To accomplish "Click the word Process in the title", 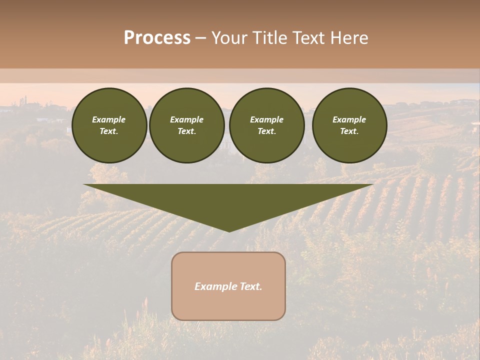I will click(157, 38).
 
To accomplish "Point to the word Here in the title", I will click(348, 38).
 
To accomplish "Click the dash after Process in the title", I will click(201, 39).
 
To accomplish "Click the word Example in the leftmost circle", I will click(109, 119).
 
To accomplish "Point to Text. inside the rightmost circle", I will click(349, 131).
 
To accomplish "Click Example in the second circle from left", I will click(186, 119).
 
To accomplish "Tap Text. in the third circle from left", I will click(266, 131).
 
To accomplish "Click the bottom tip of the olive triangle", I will click(228, 230).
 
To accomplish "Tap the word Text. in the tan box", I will click(250, 286).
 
